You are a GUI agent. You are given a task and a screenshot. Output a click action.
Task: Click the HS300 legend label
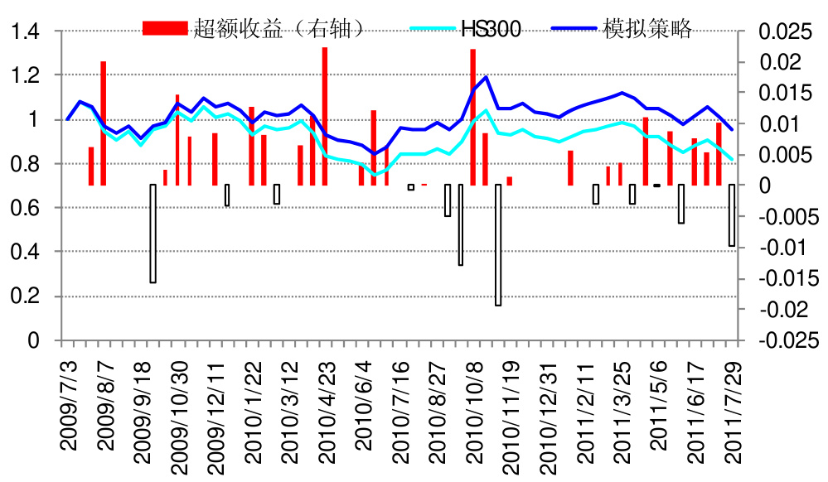click(489, 31)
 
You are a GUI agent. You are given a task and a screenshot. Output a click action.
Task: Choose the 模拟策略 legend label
click(642, 31)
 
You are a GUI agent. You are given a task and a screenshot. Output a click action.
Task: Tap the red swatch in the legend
click(166, 30)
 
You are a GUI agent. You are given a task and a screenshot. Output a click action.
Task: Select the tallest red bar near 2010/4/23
click(325, 116)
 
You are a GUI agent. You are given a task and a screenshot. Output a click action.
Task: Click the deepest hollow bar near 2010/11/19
click(498, 244)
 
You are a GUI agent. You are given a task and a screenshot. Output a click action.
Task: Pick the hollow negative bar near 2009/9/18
click(153, 233)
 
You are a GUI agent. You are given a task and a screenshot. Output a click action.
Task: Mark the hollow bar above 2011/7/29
click(732, 214)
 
